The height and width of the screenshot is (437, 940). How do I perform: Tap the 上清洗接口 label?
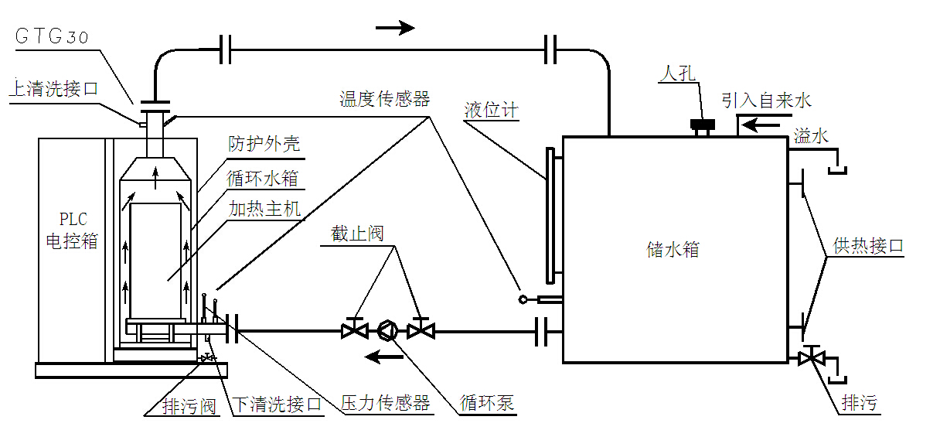(53, 89)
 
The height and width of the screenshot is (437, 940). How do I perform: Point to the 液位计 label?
(491, 111)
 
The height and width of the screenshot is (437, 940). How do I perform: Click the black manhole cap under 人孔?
(702, 125)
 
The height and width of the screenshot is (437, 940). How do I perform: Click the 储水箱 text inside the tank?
(673, 249)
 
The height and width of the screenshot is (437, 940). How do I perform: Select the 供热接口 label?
(868, 246)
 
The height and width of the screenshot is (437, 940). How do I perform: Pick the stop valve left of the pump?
(355, 331)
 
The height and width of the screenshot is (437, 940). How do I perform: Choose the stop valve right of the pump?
(421, 331)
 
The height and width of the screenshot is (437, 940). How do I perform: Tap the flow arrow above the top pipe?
(395, 28)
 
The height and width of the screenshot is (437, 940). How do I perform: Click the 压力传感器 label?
(385, 404)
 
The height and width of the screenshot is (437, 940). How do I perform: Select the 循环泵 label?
(487, 404)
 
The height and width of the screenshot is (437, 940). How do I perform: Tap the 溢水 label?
(811, 137)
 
